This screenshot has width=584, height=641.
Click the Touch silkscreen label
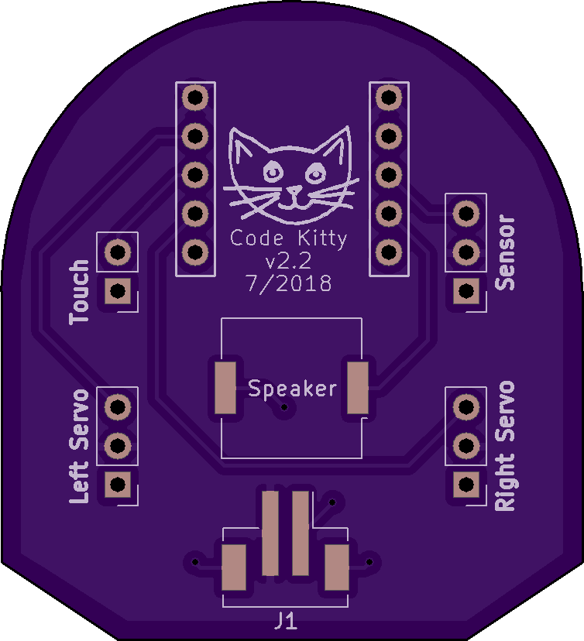80,292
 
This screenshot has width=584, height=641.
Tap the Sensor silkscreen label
505,253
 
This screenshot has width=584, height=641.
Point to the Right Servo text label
505,445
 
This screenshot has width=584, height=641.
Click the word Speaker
292,389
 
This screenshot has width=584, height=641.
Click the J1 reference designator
285,620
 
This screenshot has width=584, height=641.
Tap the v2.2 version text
287,259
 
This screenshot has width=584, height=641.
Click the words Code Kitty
289,238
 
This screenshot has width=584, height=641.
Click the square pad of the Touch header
118,291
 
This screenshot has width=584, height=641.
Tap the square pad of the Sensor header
465,291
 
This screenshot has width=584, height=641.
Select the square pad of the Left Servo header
118,485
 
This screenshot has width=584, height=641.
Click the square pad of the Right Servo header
465,485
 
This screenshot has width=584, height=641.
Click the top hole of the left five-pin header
195,98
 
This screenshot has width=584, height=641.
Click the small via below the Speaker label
285,407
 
